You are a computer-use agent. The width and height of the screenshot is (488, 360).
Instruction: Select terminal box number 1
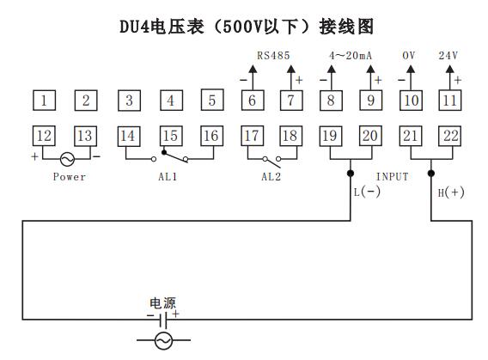click(44, 101)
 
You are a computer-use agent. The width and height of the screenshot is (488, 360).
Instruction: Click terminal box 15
click(169, 135)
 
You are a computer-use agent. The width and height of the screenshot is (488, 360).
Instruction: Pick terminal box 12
click(44, 135)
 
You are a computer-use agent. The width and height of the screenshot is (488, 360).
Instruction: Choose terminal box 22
click(450, 135)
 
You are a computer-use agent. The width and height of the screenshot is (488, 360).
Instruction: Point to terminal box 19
click(329, 135)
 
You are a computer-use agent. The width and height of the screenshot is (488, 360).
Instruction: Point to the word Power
click(70, 177)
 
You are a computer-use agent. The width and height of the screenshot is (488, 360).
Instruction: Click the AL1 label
click(169, 177)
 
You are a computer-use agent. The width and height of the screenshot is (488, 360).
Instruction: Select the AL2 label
click(271, 177)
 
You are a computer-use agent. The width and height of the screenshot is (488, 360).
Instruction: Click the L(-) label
click(367, 192)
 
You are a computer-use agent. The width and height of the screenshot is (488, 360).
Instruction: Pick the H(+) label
click(451, 192)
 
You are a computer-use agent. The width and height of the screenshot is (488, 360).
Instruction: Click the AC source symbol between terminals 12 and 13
click(65, 159)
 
